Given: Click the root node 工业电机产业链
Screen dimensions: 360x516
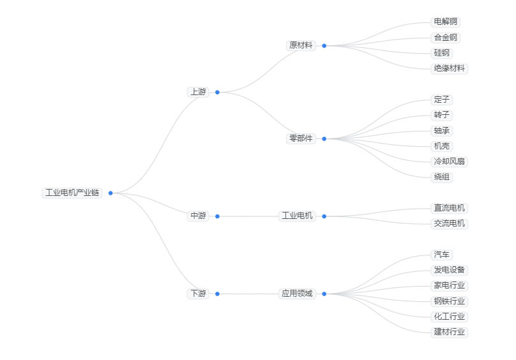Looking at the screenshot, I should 72,193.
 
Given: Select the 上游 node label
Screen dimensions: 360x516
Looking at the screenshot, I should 198,92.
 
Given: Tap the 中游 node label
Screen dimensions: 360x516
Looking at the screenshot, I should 198,216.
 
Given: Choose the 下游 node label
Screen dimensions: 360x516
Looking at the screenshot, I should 198,294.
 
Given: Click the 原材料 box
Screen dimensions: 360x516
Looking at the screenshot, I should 301,45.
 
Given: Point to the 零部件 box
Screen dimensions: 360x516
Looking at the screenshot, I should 301,139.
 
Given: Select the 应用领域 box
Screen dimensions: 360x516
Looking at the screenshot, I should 298,294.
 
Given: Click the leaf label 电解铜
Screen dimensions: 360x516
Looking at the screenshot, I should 446,22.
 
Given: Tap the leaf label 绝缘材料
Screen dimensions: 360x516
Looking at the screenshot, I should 450,68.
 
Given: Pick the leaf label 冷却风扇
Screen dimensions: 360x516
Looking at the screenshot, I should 450,161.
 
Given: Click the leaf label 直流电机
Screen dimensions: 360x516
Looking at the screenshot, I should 450,208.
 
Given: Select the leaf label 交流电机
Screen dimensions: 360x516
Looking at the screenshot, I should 450,223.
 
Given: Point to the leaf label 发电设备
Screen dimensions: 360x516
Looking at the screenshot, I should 450,270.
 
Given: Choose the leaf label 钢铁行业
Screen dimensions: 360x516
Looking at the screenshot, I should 450,301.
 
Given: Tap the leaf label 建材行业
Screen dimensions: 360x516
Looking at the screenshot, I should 450,332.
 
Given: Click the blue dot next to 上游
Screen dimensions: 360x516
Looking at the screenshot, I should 217,92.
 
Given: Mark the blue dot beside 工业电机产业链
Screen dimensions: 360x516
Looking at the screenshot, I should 110,193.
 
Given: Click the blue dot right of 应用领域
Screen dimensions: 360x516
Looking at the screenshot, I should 324,294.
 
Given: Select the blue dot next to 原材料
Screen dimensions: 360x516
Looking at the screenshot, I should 324,45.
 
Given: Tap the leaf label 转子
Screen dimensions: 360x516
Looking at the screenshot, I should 442,115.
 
